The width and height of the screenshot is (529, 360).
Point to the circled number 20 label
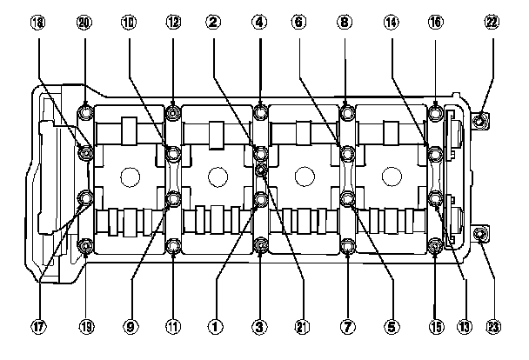coord(84,23)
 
